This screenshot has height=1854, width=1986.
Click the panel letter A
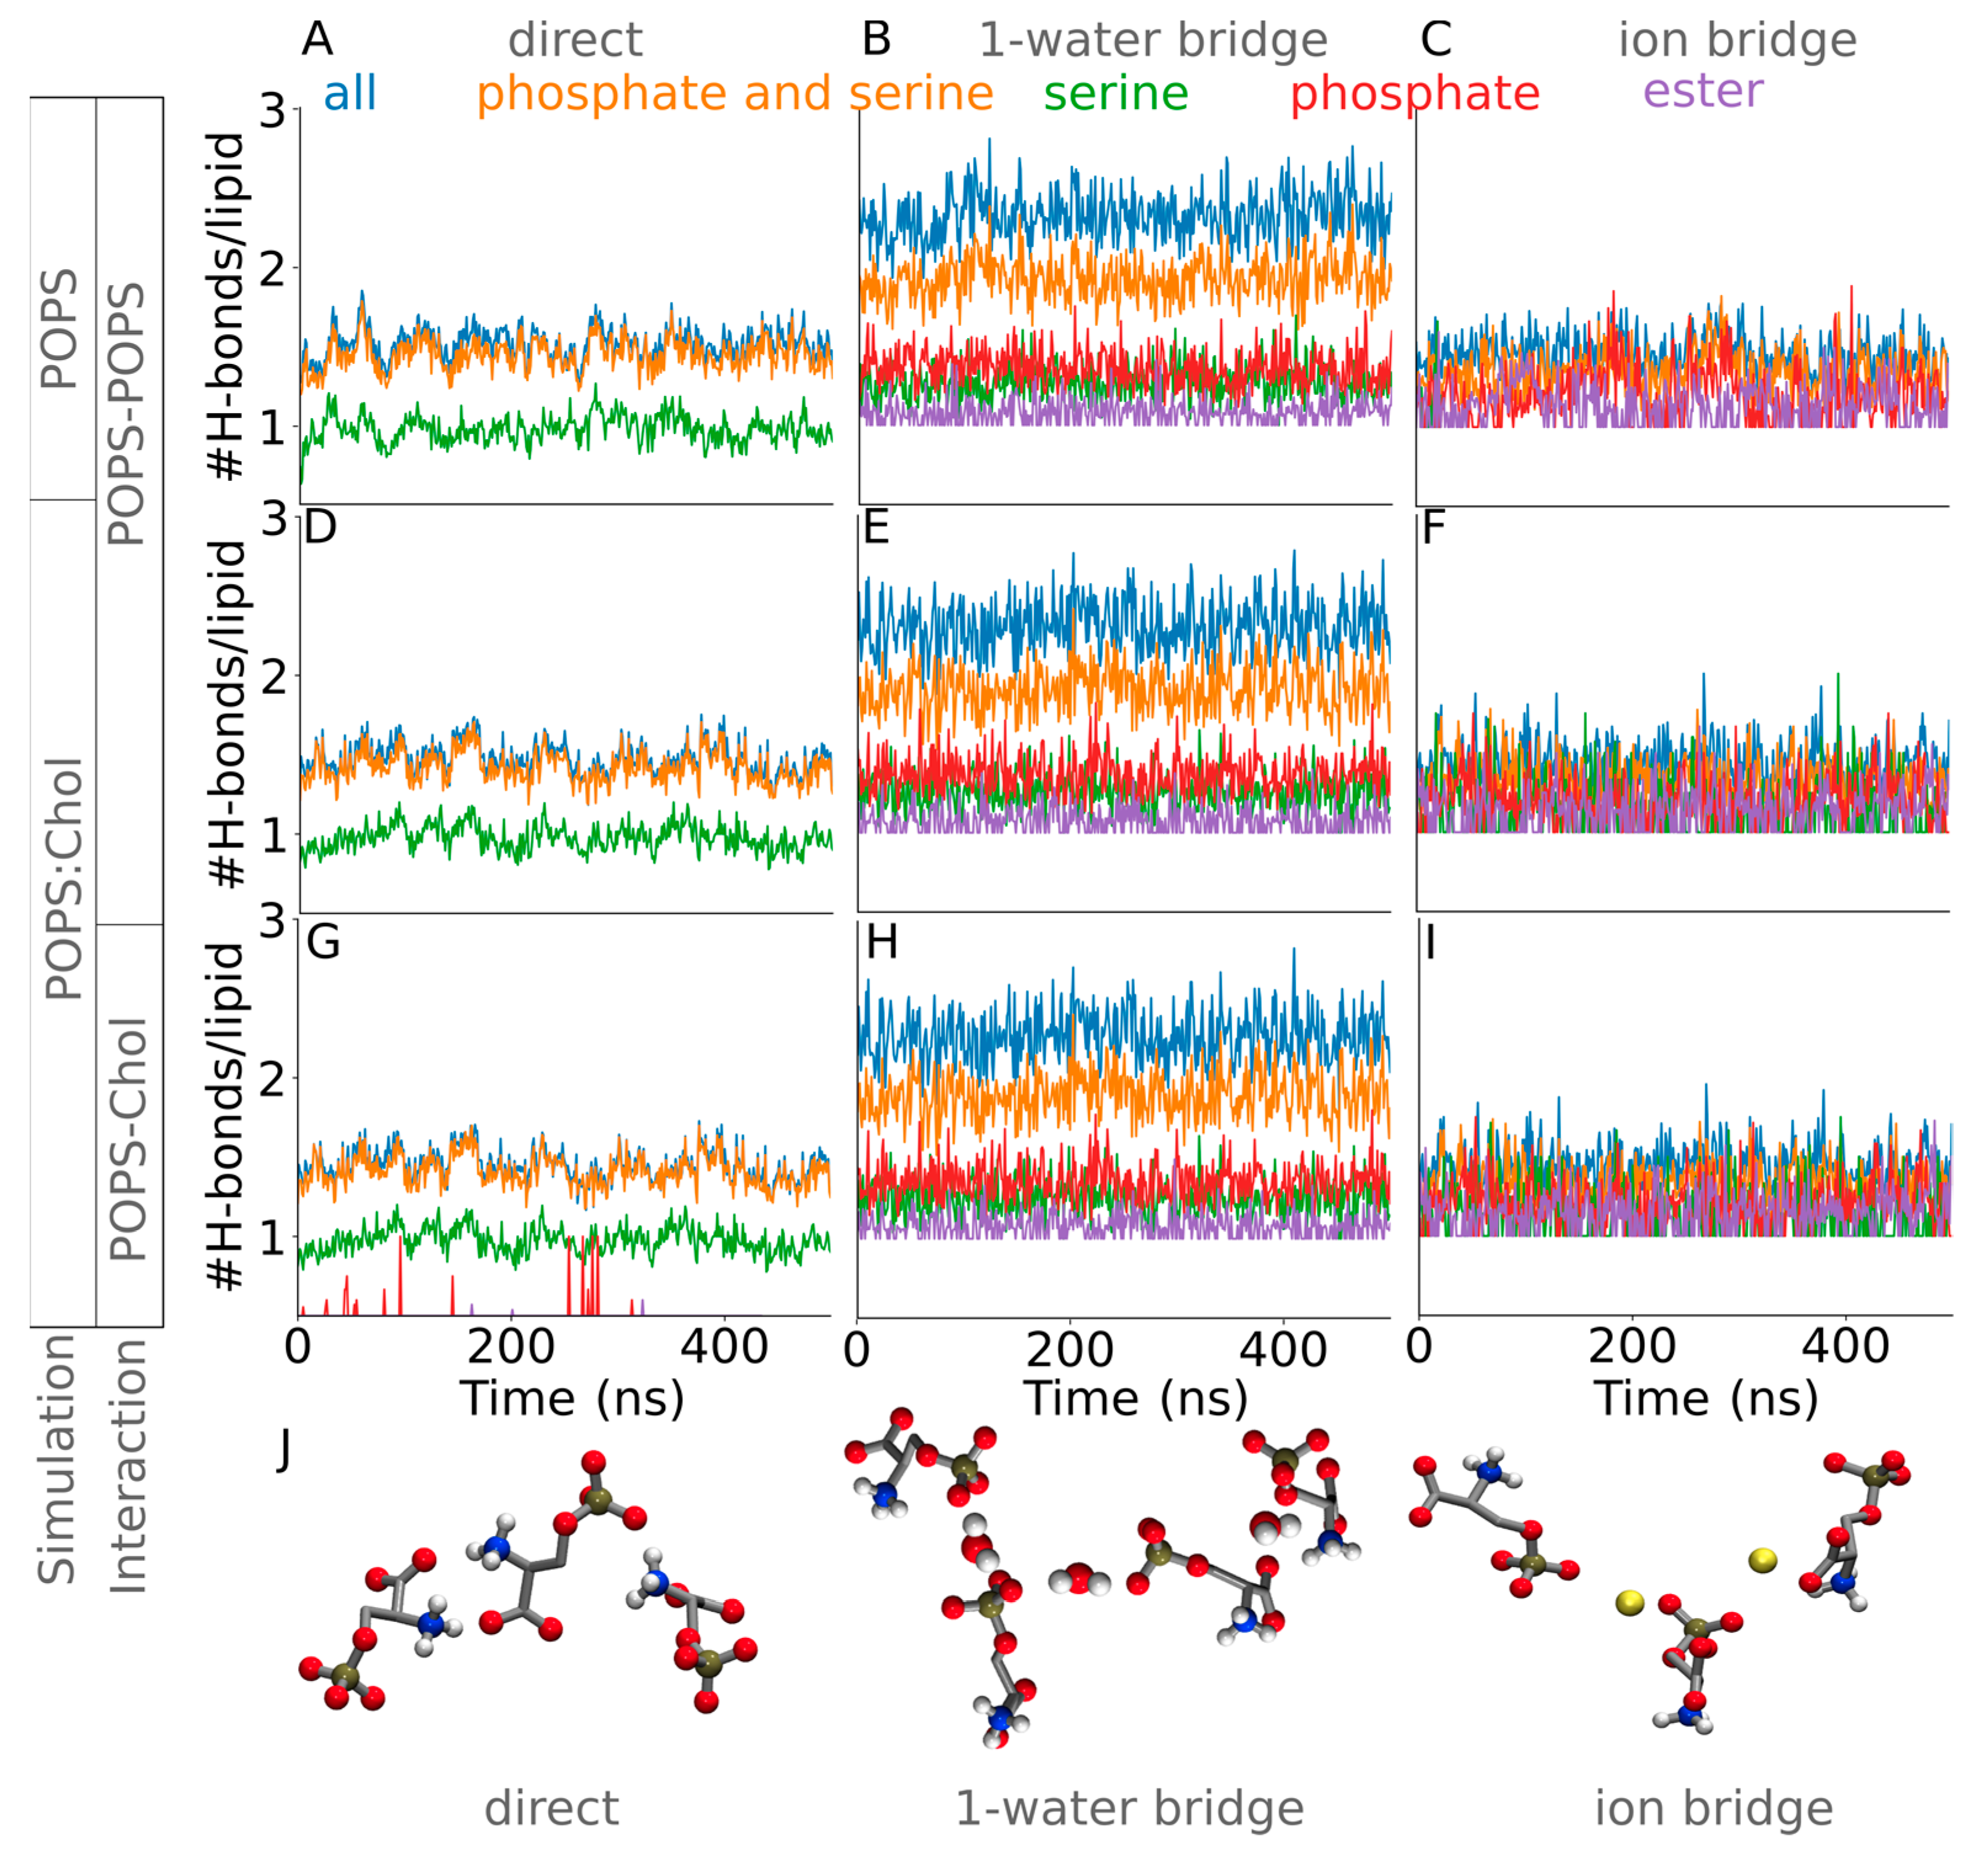(317, 40)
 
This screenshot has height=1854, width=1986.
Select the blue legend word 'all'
(350, 94)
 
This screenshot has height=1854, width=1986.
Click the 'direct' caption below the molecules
(551, 1808)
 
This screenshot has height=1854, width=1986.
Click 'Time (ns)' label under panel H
(1135, 1398)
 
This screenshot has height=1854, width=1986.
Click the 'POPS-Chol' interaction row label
(129, 1139)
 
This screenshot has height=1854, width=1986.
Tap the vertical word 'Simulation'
(57, 1459)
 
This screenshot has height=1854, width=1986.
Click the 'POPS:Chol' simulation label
(64, 879)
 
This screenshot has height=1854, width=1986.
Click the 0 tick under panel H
(856, 1350)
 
